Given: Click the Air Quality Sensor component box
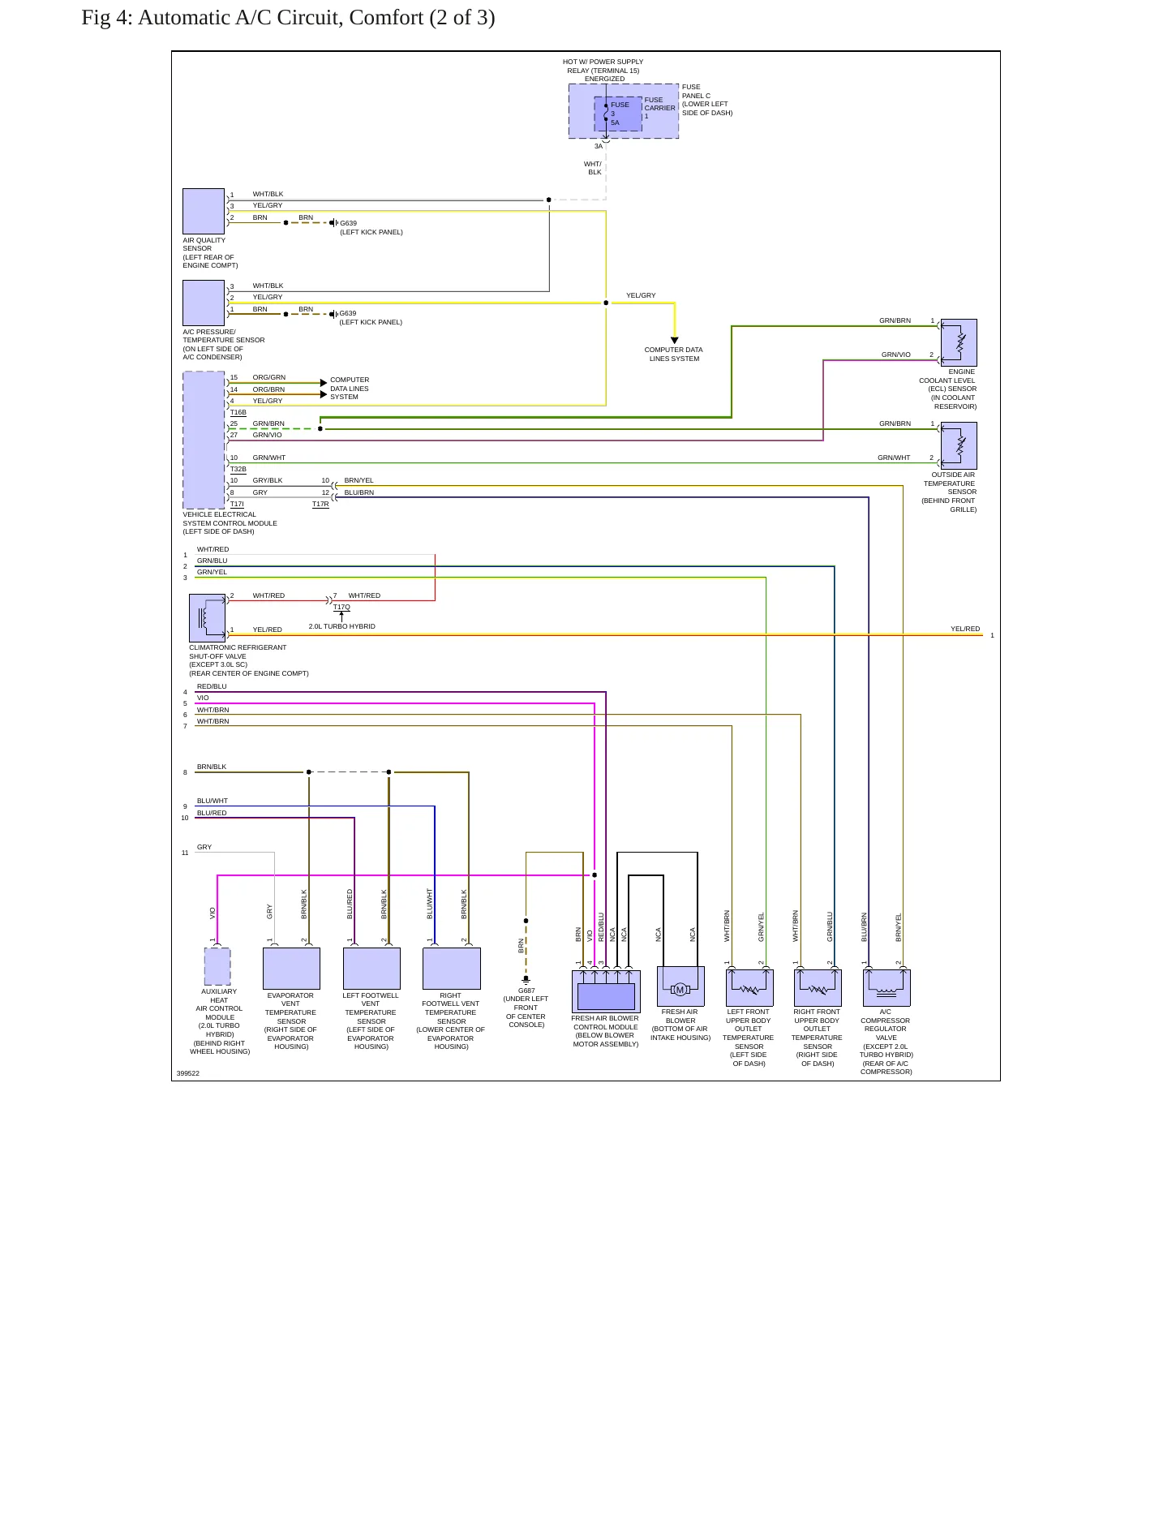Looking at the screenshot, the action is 204,211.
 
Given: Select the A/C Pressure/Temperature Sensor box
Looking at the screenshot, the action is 204,303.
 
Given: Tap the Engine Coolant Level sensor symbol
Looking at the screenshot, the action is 959,342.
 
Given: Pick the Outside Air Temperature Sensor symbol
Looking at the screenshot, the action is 959,445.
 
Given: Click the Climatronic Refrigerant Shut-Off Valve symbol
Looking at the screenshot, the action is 207,618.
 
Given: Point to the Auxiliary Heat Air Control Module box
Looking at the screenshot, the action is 217,966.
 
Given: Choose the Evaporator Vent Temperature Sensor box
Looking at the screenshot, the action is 291,969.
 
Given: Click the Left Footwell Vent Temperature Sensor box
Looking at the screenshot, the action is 371,969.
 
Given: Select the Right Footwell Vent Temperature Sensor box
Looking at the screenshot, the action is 452,969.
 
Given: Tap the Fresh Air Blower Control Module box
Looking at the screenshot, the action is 606,991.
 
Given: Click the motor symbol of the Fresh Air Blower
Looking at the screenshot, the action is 680,989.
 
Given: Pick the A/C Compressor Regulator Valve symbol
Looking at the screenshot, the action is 887,988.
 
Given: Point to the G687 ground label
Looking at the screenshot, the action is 526,991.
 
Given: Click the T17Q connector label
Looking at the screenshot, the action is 341,607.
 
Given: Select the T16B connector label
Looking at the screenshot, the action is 238,413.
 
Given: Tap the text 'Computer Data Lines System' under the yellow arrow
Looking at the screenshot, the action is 674,355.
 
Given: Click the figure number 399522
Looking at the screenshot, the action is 188,1073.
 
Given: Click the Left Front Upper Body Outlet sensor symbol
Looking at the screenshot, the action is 749,988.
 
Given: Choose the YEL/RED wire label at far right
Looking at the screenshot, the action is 965,629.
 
